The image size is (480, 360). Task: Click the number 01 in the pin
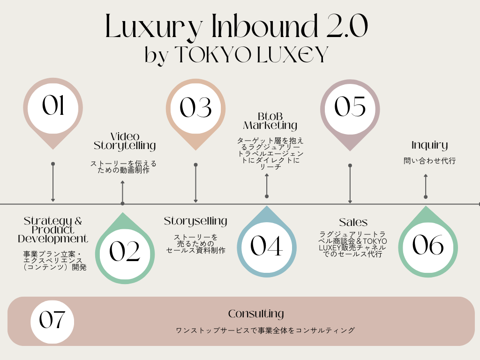click(x=52, y=106)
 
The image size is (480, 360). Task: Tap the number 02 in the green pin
click(x=125, y=252)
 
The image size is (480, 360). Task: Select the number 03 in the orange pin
click(x=195, y=107)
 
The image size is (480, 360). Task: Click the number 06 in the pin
click(x=427, y=245)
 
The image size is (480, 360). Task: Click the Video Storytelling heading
click(x=125, y=141)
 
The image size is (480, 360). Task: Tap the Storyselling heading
click(x=195, y=221)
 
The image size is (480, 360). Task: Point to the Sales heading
click(x=353, y=222)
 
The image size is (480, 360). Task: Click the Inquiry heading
click(x=429, y=145)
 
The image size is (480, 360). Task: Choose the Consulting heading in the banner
click(x=256, y=314)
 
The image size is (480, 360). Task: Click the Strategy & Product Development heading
click(x=53, y=230)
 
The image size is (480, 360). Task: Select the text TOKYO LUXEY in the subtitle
click(x=250, y=55)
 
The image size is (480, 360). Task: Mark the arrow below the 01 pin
click(x=53, y=182)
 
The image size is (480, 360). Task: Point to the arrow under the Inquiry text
click(x=426, y=186)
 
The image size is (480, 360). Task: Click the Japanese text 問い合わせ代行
click(x=429, y=161)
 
